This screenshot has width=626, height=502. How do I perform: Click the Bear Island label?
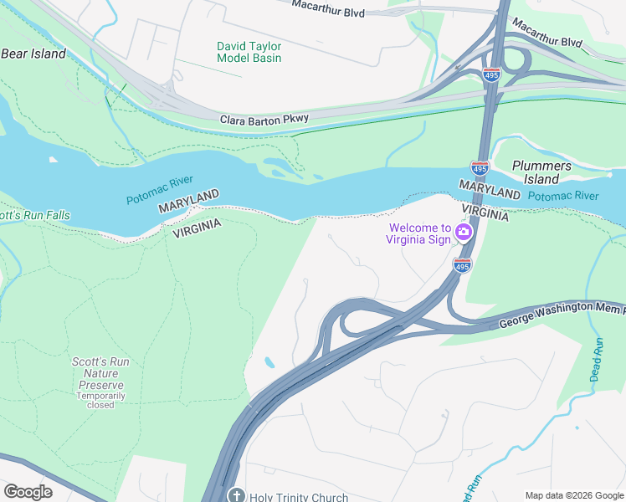tap(33, 54)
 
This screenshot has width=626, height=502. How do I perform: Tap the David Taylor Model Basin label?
tap(249, 52)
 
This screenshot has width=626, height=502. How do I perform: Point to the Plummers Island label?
tap(541, 172)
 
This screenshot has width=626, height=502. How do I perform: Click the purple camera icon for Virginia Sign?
tap(463, 231)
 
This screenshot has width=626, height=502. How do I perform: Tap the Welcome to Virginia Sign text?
tap(418, 233)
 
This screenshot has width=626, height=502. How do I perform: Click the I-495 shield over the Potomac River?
tap(480, 168)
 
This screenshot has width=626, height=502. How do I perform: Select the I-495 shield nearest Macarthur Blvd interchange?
tap(491, 74)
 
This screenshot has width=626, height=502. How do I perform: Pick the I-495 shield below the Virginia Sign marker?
tap(461, 265)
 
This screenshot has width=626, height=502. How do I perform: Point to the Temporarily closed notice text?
tap(100, 400)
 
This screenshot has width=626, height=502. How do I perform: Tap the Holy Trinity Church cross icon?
tap(237, 495)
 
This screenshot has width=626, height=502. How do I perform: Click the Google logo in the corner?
tap(28, 492)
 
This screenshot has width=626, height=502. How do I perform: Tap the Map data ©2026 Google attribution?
tap(572, 495)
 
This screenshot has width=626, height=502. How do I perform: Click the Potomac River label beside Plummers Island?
tap(563, 196)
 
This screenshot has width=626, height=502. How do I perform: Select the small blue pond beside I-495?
tap(268, 363)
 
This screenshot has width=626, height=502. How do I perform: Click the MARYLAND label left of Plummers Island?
tap(490, 192)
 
